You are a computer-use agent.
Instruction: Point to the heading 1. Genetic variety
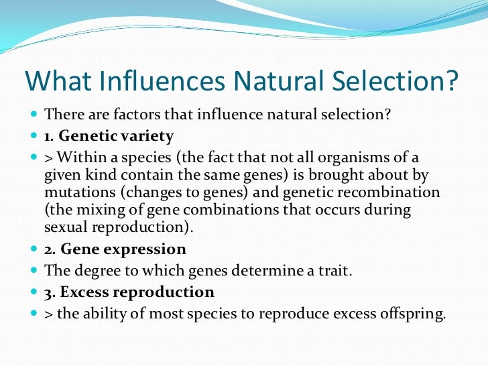click(x=109, y=137)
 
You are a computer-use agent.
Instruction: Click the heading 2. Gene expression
click(x=115, y=249)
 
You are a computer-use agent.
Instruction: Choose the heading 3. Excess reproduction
click(x=129, y=292)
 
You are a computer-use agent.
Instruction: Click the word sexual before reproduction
click(x=65, y=227)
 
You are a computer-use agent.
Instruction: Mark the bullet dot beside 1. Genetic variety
click(x=34, y=137)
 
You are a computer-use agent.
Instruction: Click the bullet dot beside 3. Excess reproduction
click(x=34, y=293)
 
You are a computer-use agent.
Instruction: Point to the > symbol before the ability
click(x=48, y=314)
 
